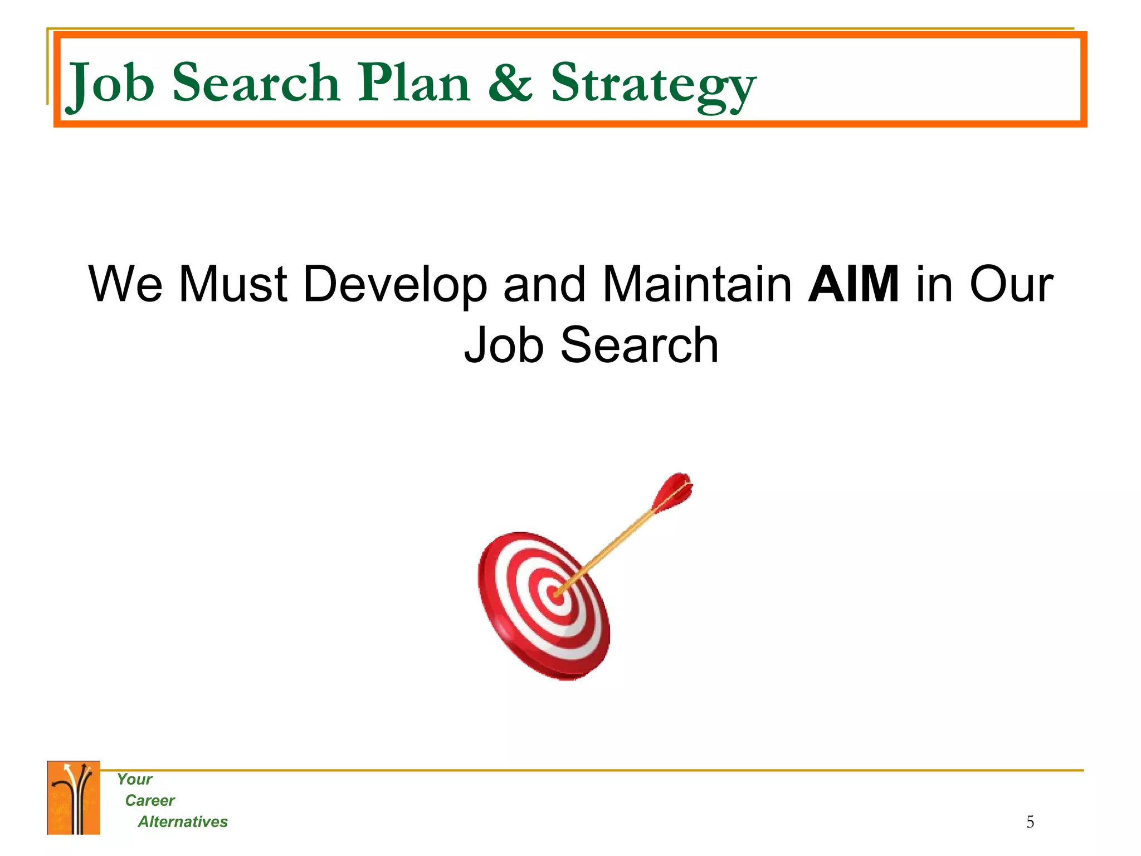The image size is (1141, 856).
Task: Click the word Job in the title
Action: coord(110,84)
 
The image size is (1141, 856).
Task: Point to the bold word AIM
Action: coord(853,284)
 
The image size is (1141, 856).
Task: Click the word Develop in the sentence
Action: coord(395,285)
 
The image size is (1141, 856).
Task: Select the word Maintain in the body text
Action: coord(698,284)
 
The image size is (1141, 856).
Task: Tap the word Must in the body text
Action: coord(233,284)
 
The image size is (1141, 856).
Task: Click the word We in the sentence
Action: coord(125,284)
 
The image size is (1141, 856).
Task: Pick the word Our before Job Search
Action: coord(1011,284)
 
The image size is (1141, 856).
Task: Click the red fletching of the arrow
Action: coord(675,491)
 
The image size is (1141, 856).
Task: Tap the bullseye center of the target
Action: coord(556,595)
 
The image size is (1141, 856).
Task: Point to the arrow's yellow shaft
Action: coord(613,543)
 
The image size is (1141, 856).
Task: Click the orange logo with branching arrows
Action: coord(74,797)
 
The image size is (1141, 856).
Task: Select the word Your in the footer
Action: coord(134,779)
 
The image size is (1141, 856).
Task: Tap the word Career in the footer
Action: coord(150,800)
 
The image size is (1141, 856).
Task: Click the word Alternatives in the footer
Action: coord(183,821)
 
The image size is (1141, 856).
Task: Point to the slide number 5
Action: coord(1030,822)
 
